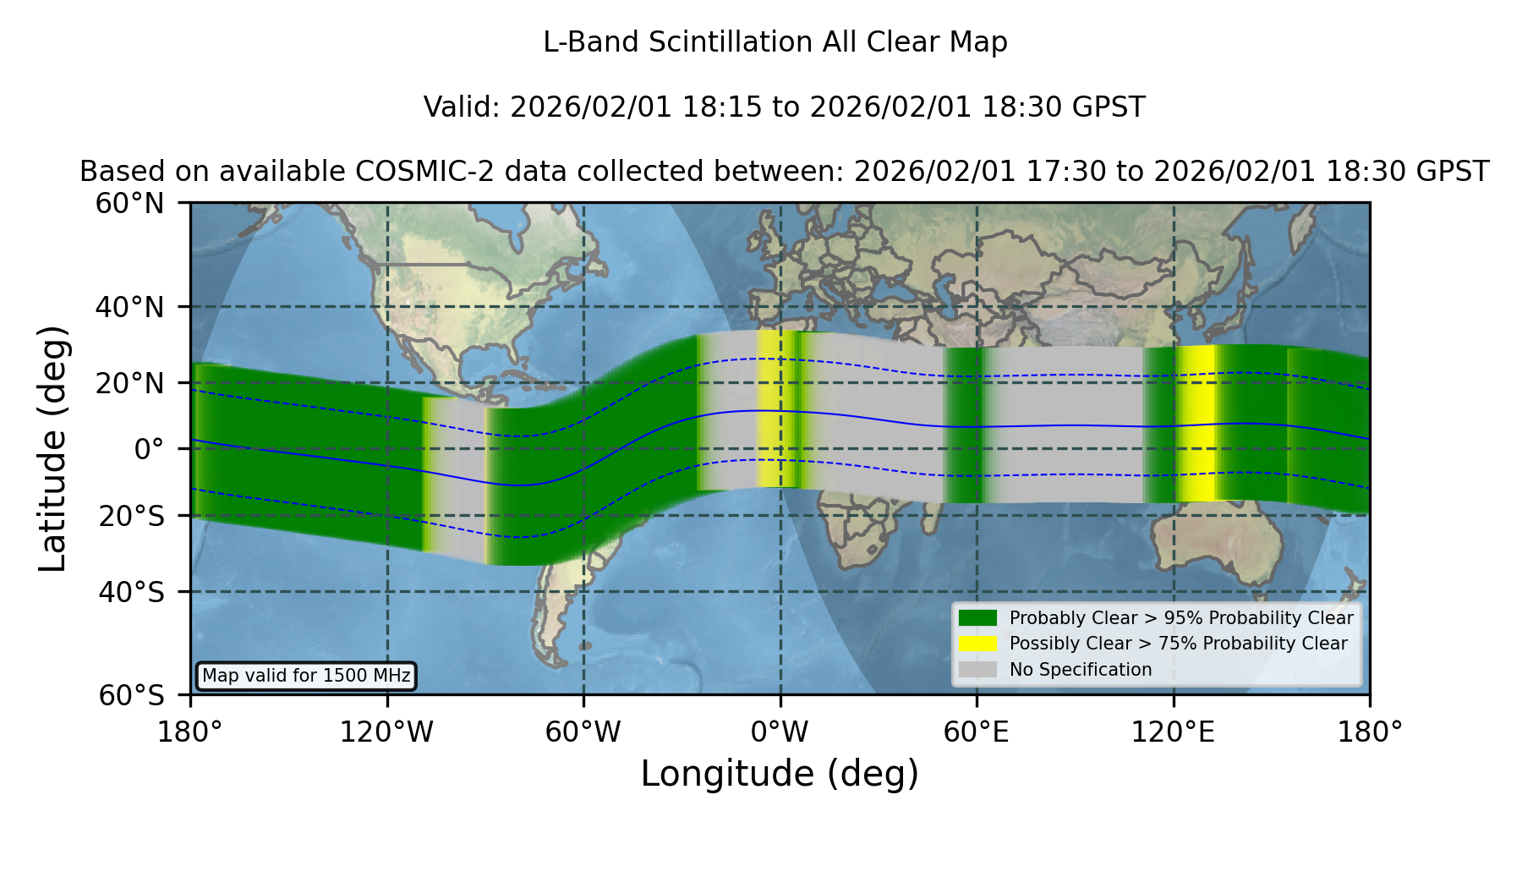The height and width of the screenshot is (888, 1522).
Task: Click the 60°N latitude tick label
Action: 129,203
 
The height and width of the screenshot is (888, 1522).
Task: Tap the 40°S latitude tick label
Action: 131,592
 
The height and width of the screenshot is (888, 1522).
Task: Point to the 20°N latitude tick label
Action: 129,383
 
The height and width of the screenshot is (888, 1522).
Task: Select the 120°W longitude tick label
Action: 386,732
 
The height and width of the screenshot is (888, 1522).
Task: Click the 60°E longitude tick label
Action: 977,732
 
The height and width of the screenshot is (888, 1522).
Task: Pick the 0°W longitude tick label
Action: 780,732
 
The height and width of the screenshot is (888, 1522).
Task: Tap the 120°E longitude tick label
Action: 1173,732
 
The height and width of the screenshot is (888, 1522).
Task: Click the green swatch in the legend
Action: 978,618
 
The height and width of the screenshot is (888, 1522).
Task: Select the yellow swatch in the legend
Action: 978,644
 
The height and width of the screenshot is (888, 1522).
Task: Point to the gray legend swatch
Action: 978,670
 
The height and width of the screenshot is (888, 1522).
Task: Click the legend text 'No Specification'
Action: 1081,670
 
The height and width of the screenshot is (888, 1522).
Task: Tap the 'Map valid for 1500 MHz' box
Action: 306,676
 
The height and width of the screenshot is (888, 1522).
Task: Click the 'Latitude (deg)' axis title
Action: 52,448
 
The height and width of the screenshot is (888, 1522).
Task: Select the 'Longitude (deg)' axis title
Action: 780,774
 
